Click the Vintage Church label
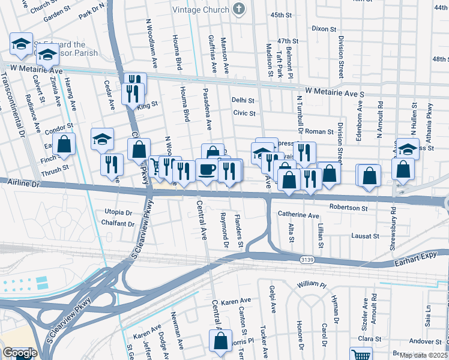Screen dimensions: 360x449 [x=200, y=10]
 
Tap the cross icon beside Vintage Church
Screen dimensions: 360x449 [x=240, y=9]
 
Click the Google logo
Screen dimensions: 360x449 [x=19, y=352]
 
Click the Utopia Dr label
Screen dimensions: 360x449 [x=118, y=212]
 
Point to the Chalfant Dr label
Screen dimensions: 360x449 [x=118, y=224]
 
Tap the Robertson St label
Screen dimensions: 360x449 [x=348, y=208]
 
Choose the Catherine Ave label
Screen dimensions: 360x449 [x=298, y=215]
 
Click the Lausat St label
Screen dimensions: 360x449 [x=366, y=236]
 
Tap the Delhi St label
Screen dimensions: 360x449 [x=243, y=101]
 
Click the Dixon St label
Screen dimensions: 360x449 [x=324, y=28]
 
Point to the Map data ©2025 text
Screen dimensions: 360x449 [x=424, y=355]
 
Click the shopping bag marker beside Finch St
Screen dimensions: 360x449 [x=63, y=145]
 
